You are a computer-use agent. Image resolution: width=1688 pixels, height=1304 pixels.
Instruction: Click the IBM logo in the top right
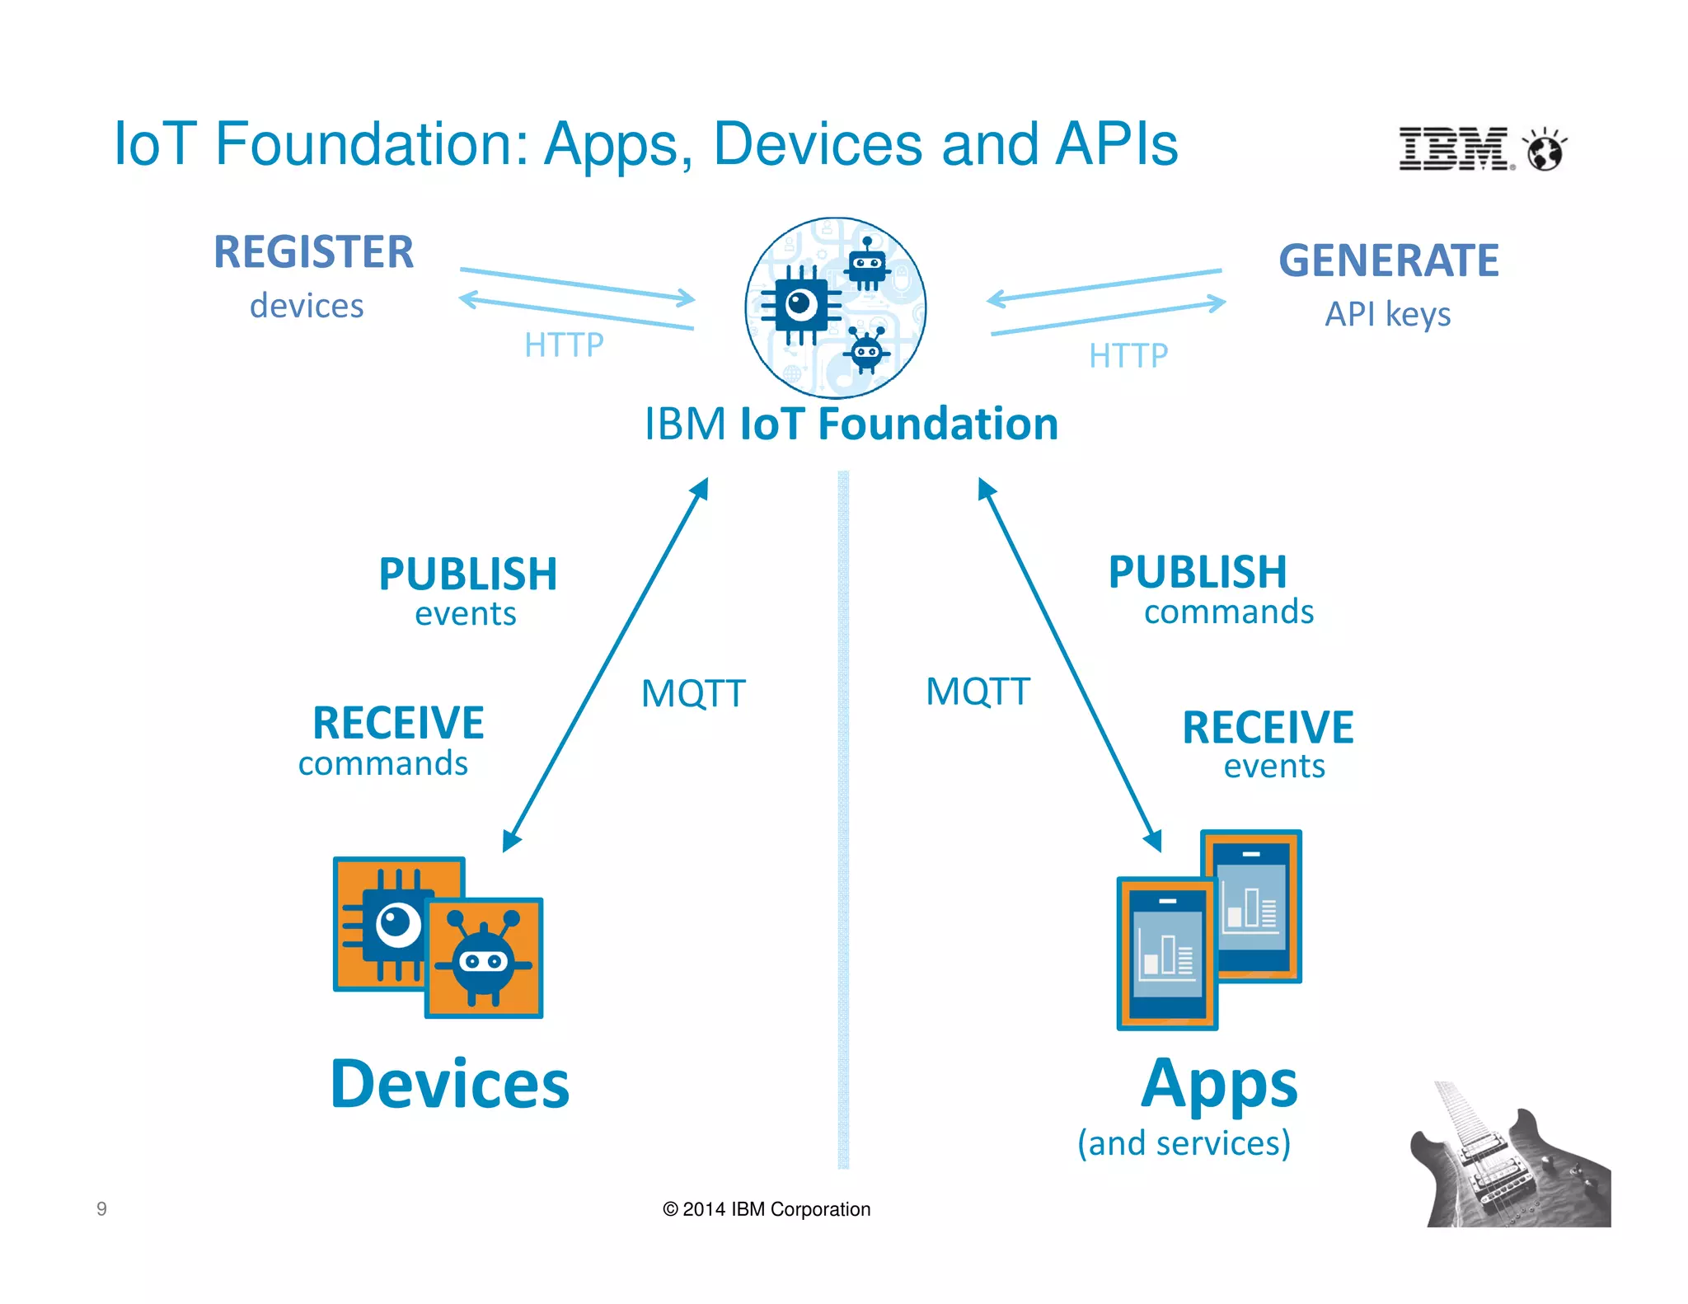(x=1456, y=149)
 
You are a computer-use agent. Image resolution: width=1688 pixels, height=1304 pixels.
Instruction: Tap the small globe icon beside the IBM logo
(x=1545, y=150)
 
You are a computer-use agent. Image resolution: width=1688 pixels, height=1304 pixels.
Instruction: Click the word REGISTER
(x=314, y=252)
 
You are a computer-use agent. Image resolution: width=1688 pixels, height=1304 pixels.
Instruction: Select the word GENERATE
(x=1389, y=260)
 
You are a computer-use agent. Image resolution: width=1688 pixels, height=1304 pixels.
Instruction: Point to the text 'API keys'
(x=1388, y=314)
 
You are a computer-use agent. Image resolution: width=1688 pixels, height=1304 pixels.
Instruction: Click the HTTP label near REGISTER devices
(x=564, y=345)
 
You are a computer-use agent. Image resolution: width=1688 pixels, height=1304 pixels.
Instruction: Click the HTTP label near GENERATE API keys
(x=1128, y=356)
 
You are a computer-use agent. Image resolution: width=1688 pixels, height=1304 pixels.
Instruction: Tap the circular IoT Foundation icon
(x=836, y=307)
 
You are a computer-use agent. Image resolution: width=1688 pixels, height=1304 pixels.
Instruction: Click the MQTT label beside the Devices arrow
(x=693, y=693)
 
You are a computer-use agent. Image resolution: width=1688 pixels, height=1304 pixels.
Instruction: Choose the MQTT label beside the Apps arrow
(x=978, y=691)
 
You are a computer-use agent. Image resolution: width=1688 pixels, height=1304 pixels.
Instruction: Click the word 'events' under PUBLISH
(x=466, y=614)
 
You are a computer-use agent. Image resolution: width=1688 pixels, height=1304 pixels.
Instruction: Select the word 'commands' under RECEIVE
(x=383, y=763)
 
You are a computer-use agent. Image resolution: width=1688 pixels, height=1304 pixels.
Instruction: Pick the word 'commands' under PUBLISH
(x=1229, y=612)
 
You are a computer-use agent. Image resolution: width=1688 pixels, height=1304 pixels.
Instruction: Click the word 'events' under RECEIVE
(x=1274, y=767)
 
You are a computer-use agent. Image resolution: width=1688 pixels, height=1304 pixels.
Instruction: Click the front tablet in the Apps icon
(x=1166, y=953)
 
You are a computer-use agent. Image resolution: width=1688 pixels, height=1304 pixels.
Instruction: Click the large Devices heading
(x=450, y=1084)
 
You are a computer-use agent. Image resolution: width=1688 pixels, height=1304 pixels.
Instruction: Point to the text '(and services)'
(x=1184, y=1143)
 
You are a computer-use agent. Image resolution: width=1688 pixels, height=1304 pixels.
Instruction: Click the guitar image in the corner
(x=1507, y=1162)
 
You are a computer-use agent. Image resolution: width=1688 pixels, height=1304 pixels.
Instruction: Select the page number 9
(x=101, y=1208)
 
